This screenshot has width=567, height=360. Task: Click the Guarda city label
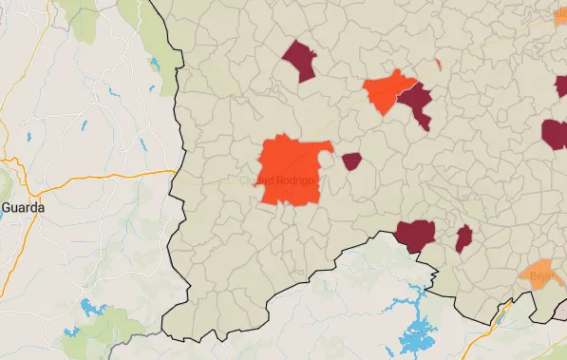point(19,205)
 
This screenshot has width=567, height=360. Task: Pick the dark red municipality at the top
point(300,60)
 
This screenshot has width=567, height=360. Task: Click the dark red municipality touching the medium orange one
point(417,103)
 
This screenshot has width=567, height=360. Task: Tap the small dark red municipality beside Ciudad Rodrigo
point(351,161)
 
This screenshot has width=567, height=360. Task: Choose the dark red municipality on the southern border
point(415,234)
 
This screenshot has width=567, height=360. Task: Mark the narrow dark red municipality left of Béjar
point(463,238)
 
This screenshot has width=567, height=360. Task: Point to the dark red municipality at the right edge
point(555,134)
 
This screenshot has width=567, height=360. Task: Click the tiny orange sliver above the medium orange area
point(438,65)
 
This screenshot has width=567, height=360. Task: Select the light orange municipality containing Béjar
point(538,273)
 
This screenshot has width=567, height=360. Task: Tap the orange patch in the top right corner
point(560,15)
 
